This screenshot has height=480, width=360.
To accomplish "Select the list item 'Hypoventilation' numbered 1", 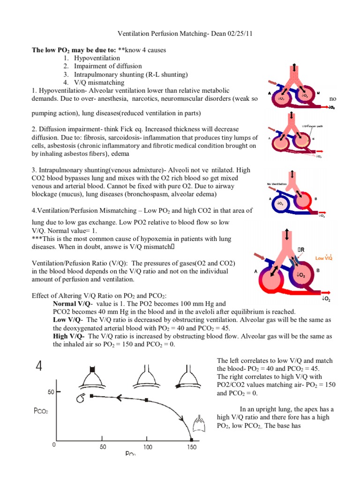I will tap(97, 57).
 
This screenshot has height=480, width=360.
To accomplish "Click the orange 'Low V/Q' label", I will tap(323, 258).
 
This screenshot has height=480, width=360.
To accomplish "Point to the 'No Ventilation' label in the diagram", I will tap(277, 184).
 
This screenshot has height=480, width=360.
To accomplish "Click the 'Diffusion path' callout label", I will tap(313, 126).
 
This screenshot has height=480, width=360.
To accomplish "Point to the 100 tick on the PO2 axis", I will tap(148, 447).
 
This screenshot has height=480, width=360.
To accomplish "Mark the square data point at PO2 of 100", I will tap(147, 400).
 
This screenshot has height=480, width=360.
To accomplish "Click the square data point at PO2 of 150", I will tap(191, 439).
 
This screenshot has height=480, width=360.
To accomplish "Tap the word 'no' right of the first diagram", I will tap(333, 99).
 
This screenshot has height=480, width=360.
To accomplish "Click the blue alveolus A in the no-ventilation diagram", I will tap(280, 204).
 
